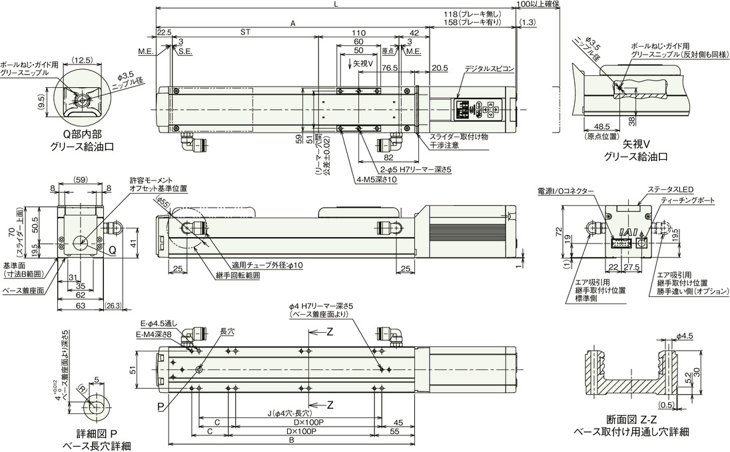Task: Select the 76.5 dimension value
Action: pyautogui.click(x=390, y=68)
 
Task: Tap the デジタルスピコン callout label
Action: pyautogui.click(x=489, y=69)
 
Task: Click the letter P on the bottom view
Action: pyautogui.click(x=161, y=405)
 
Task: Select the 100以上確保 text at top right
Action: pyautogui.click(x=538, y=4)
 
